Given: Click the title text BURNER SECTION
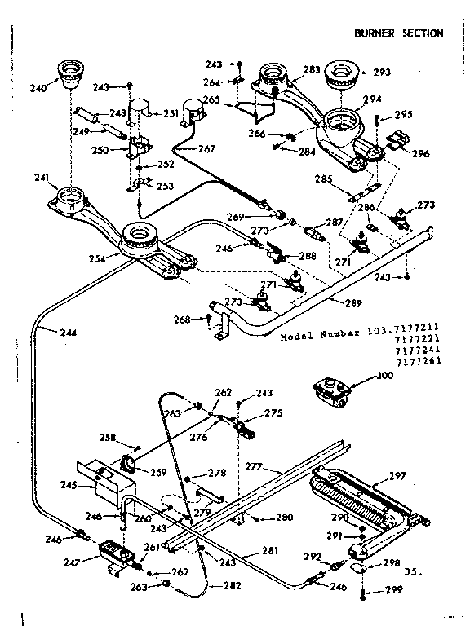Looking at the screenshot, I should pos(399,33).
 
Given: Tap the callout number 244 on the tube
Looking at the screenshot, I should pos(48,331).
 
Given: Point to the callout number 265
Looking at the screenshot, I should pos(211,99).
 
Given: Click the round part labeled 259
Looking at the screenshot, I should pos(129,465).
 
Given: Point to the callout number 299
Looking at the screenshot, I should pos(395,591).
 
